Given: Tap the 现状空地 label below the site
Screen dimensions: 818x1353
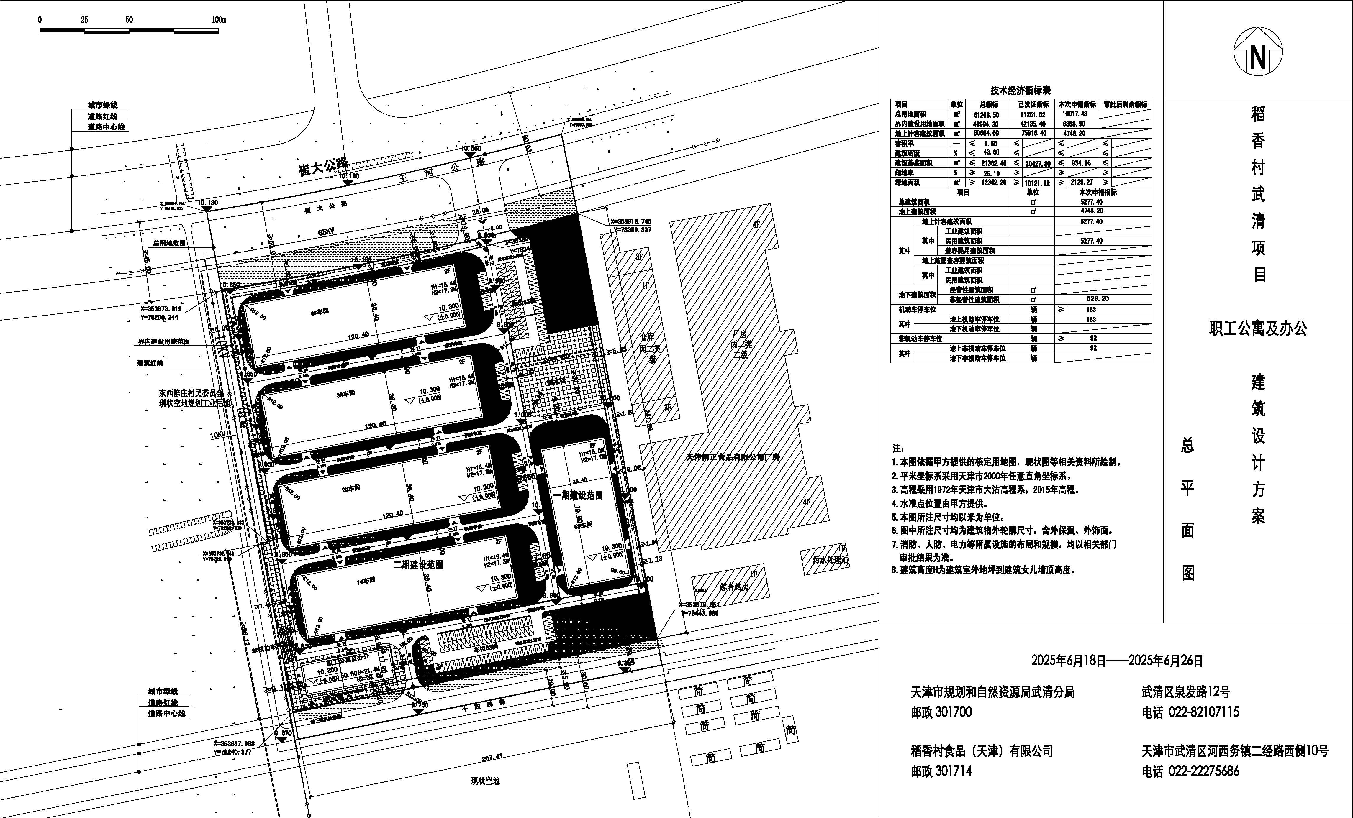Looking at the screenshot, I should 485,781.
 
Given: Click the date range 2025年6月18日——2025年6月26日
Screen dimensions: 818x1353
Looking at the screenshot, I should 1117,661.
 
